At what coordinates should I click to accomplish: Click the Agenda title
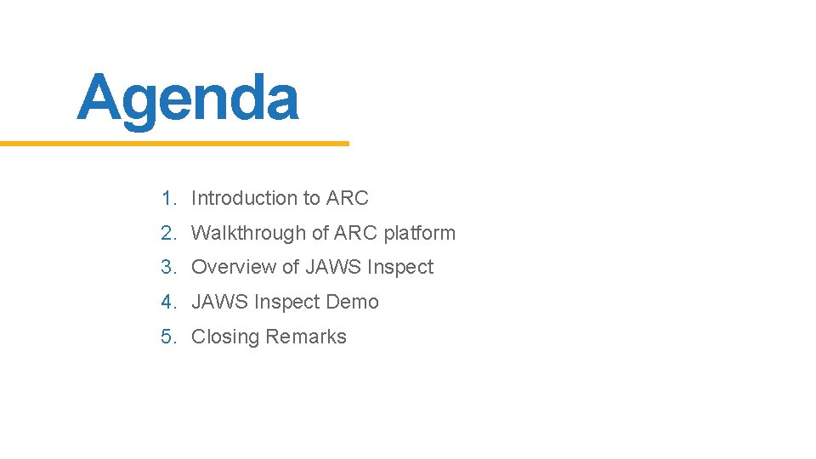pos(188,99)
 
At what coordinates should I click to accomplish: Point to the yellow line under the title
pos(174,144)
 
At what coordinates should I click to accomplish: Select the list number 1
pos(167,198)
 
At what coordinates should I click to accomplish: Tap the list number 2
pos(167,233)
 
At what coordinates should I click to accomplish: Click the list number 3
pos(167,267)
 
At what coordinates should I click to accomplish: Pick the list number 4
pos(167,302)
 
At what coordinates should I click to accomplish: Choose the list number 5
pos(167,337)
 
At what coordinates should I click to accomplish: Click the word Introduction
pos(244,198)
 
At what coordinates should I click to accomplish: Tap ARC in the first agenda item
pos(348,198)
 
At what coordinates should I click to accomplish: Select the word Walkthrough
pos(248,233)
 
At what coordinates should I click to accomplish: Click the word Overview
pos(234,267)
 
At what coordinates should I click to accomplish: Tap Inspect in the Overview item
pos(400,268)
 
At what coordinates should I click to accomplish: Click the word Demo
pos(357,302)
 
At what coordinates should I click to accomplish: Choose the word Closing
pos(225,337)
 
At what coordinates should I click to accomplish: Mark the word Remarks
pos(306,337)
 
